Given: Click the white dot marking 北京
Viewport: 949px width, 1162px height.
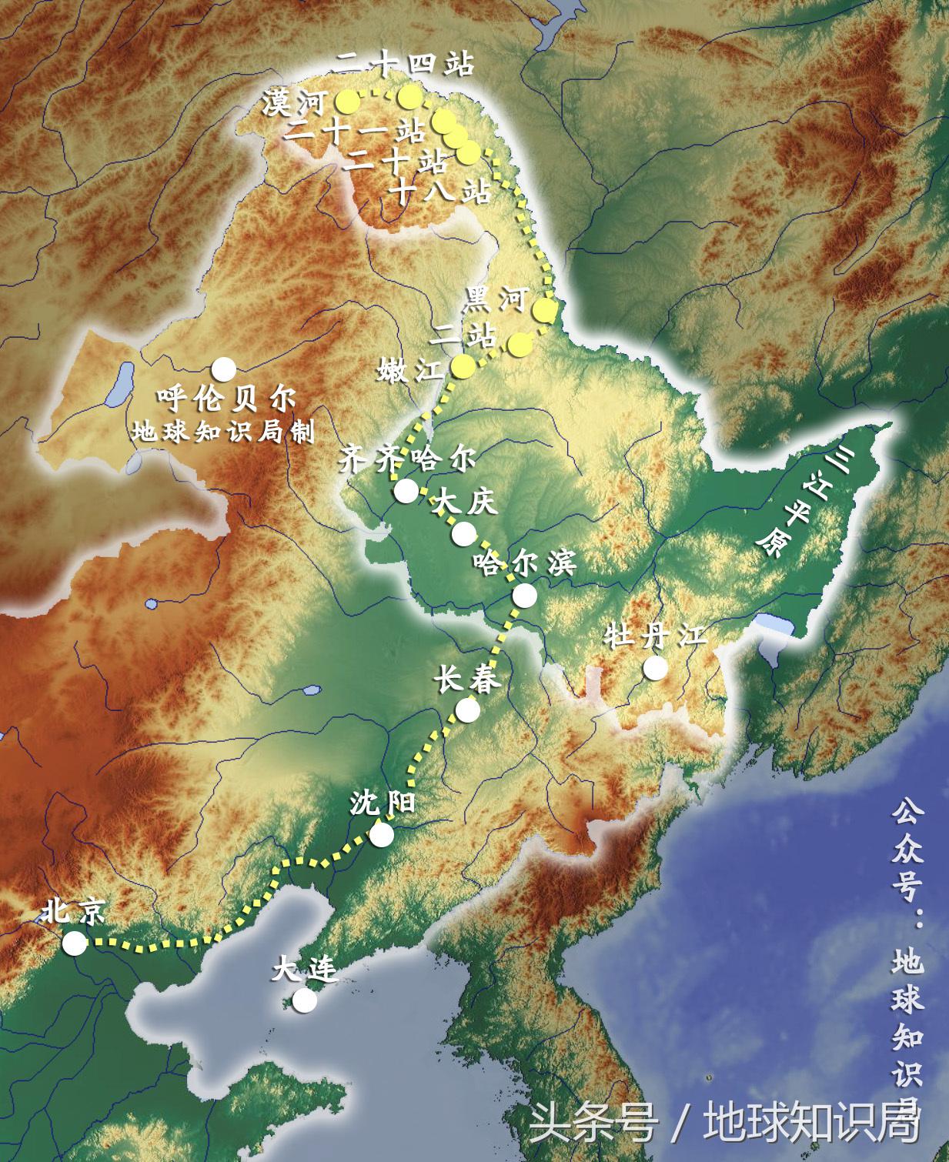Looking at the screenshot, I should click(x=75, y=943).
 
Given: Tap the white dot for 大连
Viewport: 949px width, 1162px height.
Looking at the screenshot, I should click(x=305, y=1000).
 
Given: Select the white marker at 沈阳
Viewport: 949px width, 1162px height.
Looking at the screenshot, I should click(x=382, y=834).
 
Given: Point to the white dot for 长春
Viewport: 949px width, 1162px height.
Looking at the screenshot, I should click(x=467, y=710).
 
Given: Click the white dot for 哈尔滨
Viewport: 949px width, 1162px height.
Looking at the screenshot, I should click(x=525, y=595).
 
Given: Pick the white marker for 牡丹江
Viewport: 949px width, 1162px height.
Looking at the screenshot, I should click(x=655, y=668).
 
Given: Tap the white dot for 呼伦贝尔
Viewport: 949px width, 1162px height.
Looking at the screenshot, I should click(x=224, y=369).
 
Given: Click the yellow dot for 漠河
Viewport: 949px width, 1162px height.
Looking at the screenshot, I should click(x=347, y=100).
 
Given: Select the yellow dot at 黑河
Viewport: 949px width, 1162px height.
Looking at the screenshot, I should click(x=544, y=311).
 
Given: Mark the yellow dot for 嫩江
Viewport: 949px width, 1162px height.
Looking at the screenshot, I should click(x=463, y=368).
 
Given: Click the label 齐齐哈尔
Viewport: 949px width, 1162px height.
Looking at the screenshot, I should click(x=408, y=460).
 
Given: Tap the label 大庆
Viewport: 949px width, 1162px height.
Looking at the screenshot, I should click(x=466, y=503).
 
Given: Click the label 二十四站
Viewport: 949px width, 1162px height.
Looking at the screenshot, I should click(x=405, y=65).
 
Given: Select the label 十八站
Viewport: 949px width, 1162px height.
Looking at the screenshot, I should click(x=441, y=190).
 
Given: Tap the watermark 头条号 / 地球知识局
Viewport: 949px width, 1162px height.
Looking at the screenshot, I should click(x=723, y=1124).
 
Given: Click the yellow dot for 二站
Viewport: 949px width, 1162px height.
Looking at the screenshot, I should click(x=520, y=346).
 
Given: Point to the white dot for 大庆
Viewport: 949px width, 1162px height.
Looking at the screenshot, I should click(x=464, y=533).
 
